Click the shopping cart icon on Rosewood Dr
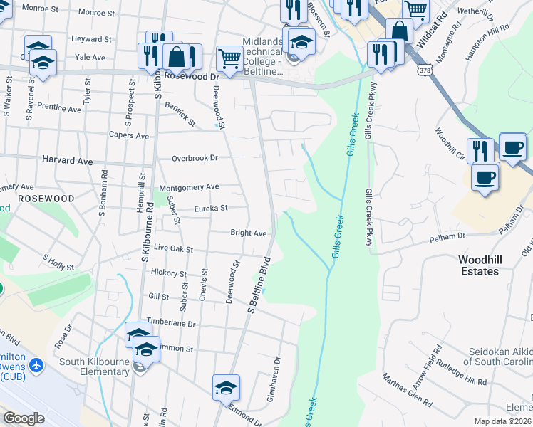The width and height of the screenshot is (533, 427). point(229,59)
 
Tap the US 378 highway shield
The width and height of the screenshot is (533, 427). point(425,70)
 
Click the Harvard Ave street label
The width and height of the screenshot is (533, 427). point(68,162)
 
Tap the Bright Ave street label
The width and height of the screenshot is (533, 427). point(248,233)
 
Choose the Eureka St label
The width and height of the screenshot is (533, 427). point(211,209)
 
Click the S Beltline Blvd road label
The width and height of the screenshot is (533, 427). point(259,284)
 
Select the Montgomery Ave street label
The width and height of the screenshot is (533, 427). point(189,187)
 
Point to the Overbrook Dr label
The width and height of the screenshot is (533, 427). point(194,157)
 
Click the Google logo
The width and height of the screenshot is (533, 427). point(24,418)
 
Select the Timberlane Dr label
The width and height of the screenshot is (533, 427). point(171,322)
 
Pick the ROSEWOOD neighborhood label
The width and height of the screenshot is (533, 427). point(46,198)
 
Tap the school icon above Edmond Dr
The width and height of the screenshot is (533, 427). point(226,387)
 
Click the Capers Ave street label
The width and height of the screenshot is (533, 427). point(128,135)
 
